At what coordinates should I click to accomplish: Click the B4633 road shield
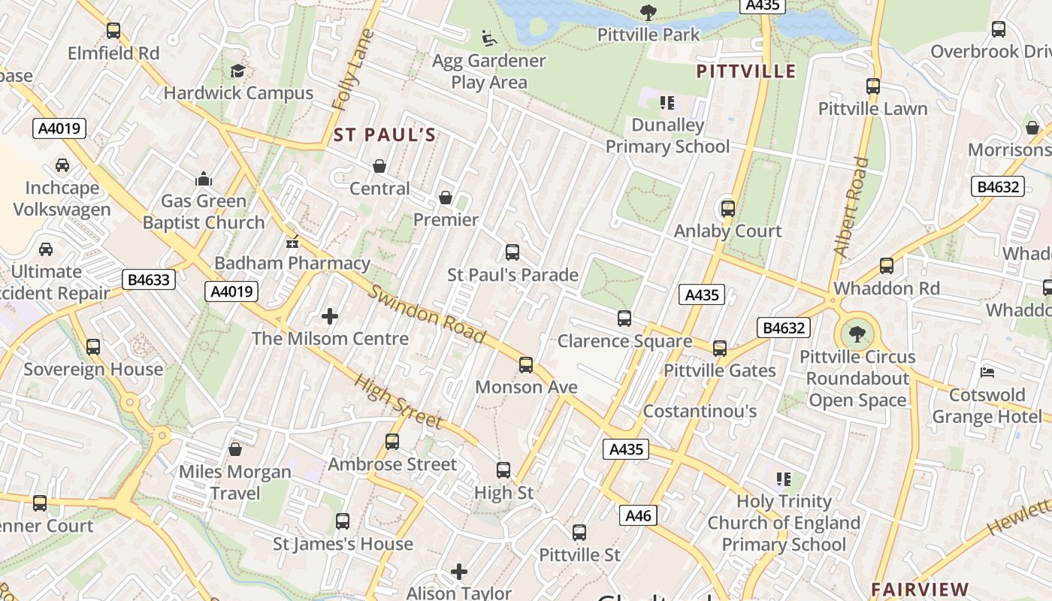[x=149, y=280]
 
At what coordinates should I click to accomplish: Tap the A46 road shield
[x=638, y=515]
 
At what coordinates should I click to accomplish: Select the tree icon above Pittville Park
[x=648, y=12]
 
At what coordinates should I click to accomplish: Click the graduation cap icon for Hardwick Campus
[x=237, y=71]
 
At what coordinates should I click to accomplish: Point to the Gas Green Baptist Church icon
[x=204, y=179]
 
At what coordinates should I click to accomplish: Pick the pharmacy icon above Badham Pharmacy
[x=292, y=242]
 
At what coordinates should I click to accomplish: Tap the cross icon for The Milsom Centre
[x=330, y=316]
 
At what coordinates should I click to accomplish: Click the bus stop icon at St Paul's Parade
[x=512, y=252]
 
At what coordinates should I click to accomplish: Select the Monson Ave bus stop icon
[x=526, y=365]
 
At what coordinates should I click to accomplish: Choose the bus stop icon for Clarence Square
[x=624, y=319]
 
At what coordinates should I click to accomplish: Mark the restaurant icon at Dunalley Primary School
[x=667, y=102]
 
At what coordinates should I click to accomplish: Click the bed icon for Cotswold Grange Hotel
[x=988, y=373]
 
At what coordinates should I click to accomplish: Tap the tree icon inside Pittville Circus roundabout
[x=856, y=333]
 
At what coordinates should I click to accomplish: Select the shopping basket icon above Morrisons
[x=1032, y=128]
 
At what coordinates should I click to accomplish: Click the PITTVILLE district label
[x=745, y=71]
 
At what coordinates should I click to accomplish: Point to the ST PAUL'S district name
[x=385, y=135]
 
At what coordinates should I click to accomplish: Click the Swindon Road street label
[x=426, y=314]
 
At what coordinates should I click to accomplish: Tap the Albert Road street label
[x=851, y=207]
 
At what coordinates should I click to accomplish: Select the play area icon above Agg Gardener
[x=488, y=37]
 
